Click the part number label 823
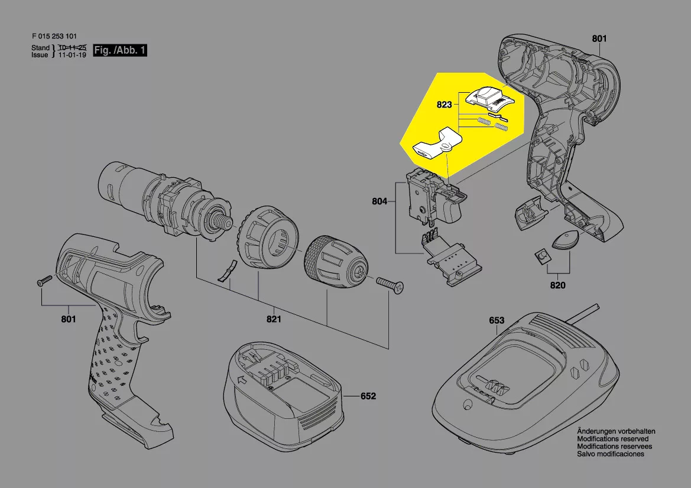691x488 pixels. tap(444, 105)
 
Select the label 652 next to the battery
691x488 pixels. tap(368, 396)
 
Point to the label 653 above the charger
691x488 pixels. tap(497, 321)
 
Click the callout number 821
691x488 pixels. tap(273, 319)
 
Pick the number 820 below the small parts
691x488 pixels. tap(557, 286)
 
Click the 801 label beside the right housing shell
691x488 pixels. tap(599, 39)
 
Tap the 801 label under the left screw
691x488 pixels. tap(68, 320)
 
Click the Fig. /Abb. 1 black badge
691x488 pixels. tap(120, 51)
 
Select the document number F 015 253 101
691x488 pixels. tap(55, 36)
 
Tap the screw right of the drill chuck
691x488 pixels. tap(391, 285)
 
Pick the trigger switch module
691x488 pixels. tap(434, 198)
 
